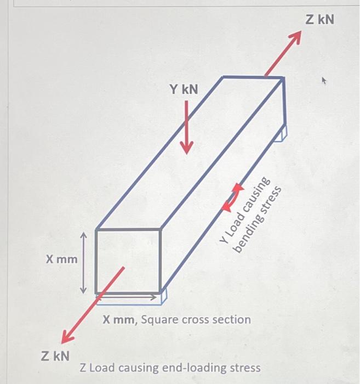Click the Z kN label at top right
point(319,20)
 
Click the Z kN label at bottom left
point(55,355)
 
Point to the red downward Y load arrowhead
point(187,147)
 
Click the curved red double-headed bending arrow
point(232,198)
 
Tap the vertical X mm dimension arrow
point(83,262)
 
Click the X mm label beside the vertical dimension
point(61,258)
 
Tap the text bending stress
point(258,220)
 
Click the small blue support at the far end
point(281,133)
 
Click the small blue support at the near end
point(163,297)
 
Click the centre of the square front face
point(128,261)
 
